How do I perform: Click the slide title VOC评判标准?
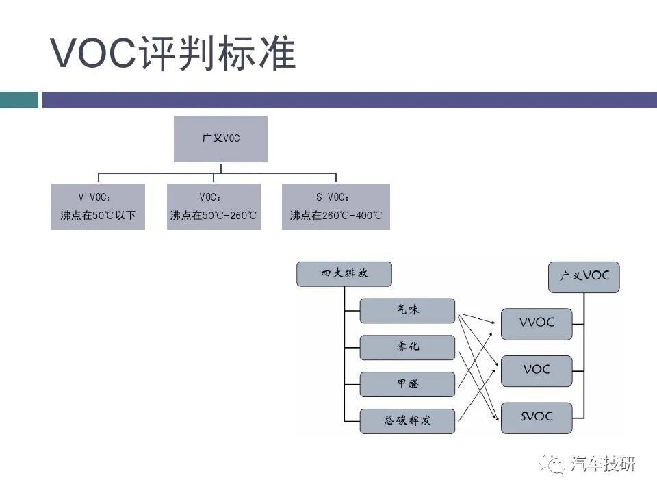click(x=173, y=53)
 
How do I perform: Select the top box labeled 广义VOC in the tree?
click(x=220, y=139)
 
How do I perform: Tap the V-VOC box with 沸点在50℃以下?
click(x=98, y=206)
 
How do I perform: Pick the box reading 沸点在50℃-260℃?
click(x=214, y=206)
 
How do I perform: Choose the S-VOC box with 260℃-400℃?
click(x=335, y=206)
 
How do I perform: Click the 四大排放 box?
click(x=344, y=274)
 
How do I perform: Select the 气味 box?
click(x=407, y=311)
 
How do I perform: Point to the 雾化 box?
click(x=407, y=347)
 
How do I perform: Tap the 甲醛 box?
click(x=407, y=384)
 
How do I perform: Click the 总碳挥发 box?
click(x=407, y=421)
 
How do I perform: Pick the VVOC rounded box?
click(x=537, y=324)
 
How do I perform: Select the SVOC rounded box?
click(x=537, y=418)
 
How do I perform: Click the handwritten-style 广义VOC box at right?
click(x=584, y=277)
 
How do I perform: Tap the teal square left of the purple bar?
click(x=19, y=100)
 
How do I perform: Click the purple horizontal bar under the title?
click(x=350, y=100)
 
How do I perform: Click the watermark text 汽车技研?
click(x=603, y=464)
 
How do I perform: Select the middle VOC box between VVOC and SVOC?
click(x=537, y=371)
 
